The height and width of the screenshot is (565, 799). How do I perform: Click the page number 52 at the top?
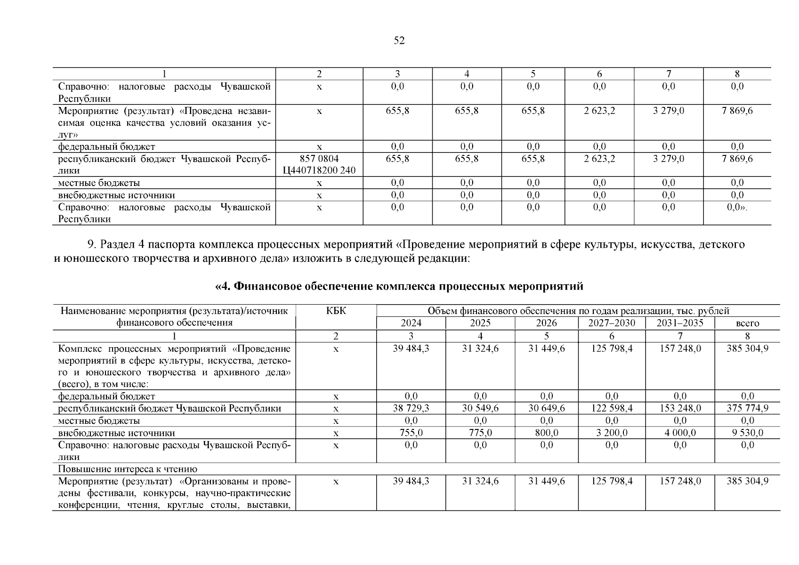coord(399,41)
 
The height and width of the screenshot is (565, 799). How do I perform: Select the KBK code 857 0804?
coord(319,159)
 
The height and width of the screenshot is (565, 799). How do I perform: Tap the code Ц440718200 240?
coord(319,170)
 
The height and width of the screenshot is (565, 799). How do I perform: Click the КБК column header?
coord(336,311)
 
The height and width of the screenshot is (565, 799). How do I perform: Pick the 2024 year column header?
coord(411,323)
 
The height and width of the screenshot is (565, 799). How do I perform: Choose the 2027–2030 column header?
coord(612,323)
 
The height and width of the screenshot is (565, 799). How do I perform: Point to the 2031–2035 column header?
coord(680,323)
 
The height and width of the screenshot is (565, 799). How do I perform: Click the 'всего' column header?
coord(747,323)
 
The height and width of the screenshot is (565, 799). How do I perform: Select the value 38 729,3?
coord(411,408)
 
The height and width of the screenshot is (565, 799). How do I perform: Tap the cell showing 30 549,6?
coord(480,408)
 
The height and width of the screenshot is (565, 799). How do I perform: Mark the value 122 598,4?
coord(612,408)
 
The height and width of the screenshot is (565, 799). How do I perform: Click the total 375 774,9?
coord(747,408)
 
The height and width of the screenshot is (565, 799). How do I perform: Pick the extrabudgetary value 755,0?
coord(411,433)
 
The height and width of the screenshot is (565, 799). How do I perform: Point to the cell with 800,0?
coord(547,433)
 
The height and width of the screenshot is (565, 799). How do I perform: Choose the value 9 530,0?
coord(747,433)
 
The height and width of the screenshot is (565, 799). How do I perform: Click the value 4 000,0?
coord(680,433)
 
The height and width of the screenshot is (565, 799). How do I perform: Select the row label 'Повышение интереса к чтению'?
coord(128,469)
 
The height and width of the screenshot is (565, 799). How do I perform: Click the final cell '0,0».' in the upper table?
coord(737,207)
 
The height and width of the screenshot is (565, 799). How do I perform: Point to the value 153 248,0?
coord(680,408)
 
